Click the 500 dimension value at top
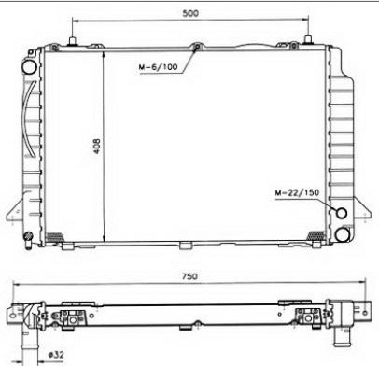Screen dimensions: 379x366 [190, 13]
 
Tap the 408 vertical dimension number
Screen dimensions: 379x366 [97, 146]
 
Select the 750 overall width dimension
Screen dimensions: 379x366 [189, 276]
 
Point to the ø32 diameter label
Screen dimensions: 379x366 [56, 355]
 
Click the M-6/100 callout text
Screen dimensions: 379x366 [158, 67]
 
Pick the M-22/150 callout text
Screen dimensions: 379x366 [297, 192]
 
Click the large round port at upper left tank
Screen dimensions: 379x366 [29, 67]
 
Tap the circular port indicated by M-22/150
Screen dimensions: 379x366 [342, 213]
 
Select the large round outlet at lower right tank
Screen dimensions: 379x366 [343, 234]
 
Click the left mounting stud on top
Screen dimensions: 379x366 [72, 41]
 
